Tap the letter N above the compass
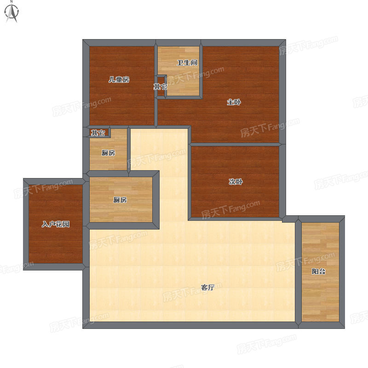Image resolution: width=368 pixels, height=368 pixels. [x=11, y=1]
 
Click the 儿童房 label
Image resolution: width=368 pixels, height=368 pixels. [x=119, y=80]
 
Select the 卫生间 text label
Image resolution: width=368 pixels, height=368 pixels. [x=187, y=63]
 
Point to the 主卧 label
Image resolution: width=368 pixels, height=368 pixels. [x=234, y=102]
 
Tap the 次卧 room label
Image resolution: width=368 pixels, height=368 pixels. [x=236, y=182]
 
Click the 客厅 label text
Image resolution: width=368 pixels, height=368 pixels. [x=208, y=287]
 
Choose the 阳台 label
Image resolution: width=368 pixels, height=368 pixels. [x=318, y=271]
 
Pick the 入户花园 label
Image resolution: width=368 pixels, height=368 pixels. [x=56, y=224]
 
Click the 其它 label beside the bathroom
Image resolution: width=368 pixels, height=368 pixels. [x=160, y=87]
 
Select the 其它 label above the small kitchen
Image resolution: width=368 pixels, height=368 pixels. [x=98, y=133]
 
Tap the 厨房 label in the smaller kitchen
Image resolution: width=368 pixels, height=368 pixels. [x=109, y=153]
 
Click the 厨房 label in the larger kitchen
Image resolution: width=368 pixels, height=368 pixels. [x=120, y=200]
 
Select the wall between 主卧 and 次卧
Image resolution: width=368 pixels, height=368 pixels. [x=235, y=144]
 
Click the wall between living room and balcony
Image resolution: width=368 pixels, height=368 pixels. [x=298, y=272]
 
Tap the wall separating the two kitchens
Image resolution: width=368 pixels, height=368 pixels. [x=109, y=174]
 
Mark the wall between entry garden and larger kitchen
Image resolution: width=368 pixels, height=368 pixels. [x=86, y=202]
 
